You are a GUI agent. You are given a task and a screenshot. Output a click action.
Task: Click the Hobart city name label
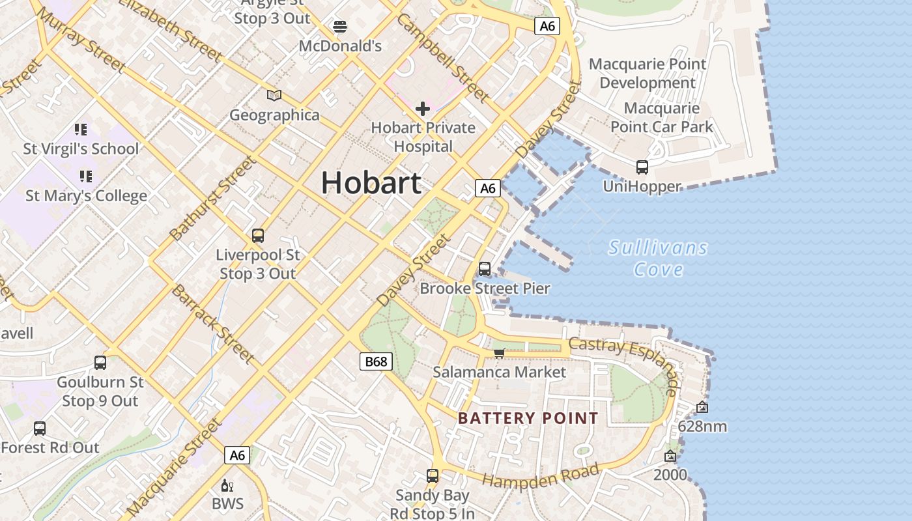tap(371, 183)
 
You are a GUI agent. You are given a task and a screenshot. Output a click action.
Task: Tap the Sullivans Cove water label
tap(658, 259)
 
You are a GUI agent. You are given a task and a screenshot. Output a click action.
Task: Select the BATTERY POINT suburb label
tap(528, 418)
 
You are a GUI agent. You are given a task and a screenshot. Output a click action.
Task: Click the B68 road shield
tap(376, 361)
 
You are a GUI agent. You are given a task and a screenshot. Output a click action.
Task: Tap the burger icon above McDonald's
tap(339, 27)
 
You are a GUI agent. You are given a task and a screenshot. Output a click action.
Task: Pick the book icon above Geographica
tap(274, 96)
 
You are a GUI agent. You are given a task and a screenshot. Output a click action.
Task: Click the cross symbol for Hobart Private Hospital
tap(423, 108)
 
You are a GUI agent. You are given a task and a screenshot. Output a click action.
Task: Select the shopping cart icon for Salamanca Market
tap(499, 353)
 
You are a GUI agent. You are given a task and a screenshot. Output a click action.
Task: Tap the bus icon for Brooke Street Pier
tap(484, 268)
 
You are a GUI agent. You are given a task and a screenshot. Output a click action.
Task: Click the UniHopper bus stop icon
tap(642, 167)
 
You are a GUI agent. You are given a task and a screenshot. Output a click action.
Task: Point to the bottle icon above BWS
tap(227, 485)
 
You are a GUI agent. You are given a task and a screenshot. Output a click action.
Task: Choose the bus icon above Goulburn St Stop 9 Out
tap(100, 363)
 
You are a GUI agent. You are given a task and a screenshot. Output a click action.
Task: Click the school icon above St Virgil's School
tap(81, 130)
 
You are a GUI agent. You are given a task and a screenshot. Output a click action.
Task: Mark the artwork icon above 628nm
tap(702, 408)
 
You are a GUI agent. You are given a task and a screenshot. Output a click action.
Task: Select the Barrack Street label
tap(212, 323)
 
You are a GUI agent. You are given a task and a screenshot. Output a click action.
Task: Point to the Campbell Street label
tap(442, 59)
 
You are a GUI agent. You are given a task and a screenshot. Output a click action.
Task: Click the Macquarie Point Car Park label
tap(662, 117)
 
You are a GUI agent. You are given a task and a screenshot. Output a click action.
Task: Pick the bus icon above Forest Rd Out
tap(40, 429)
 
